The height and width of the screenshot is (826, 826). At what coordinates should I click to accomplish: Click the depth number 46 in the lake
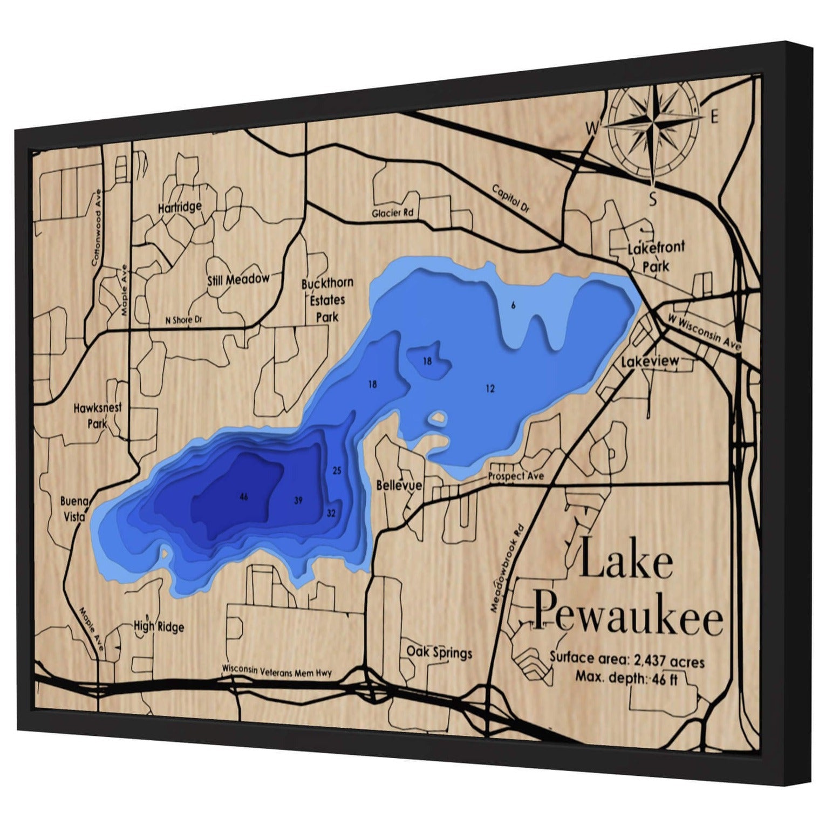244,496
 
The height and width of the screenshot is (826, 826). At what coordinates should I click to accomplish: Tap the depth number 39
298,501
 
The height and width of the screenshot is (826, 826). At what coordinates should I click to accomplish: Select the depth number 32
331,513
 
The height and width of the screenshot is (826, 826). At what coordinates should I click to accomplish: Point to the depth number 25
337,470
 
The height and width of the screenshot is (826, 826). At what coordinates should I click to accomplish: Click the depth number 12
490,388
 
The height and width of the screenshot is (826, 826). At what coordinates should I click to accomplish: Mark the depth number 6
513,305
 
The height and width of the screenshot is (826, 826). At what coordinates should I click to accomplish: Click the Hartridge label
180,207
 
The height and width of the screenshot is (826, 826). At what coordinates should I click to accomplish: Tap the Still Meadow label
238,279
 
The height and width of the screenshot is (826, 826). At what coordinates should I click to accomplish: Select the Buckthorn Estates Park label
327,299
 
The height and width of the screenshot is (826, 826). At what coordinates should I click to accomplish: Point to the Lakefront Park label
656,257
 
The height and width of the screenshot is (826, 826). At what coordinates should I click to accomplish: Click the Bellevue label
399,486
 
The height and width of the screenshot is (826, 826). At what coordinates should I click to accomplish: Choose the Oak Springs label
439,652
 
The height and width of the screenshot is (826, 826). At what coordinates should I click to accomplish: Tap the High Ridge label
159,626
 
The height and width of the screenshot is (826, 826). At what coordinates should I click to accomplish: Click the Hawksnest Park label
98,415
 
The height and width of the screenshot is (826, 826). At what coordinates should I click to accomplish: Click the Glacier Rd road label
392,213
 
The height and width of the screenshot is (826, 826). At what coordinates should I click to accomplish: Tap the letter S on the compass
652,200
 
